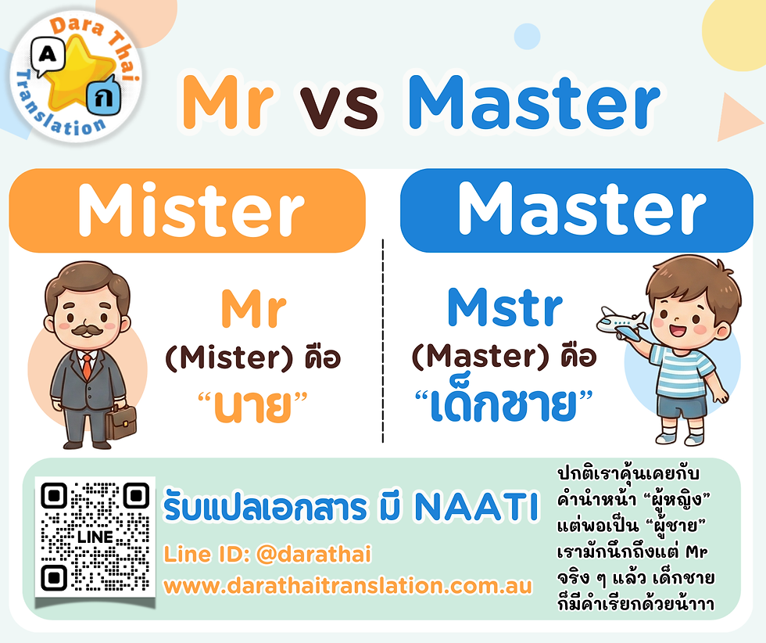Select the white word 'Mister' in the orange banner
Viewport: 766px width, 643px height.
[x=191, y=210]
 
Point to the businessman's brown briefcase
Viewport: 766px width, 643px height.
[x=120, y=422]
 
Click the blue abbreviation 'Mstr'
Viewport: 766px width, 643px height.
[x=504, y=309]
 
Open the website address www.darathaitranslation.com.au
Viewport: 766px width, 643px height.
[x=347, y=585]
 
